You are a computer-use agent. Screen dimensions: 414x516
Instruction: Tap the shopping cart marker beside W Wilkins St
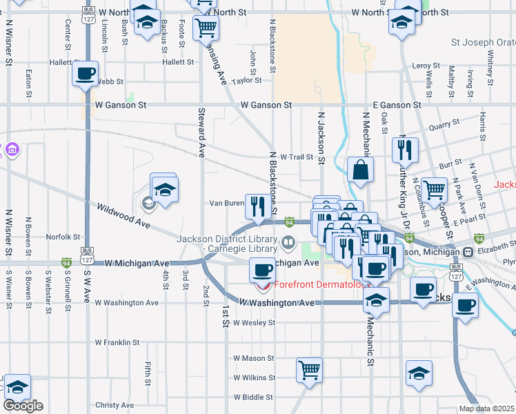coord(309,369)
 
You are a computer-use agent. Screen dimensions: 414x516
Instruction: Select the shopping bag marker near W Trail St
coord(361,170)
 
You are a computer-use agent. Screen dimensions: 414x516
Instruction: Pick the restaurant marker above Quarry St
coord(404,150)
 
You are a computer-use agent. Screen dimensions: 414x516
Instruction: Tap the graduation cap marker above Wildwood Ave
coord(165,189)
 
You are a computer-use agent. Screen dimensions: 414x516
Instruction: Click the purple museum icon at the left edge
coord(12,150)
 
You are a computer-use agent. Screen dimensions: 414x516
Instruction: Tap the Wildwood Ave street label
coord(123,216)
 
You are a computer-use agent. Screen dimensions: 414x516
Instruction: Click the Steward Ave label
coord(201,132)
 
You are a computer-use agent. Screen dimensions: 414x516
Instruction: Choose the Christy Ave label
coord(115,405)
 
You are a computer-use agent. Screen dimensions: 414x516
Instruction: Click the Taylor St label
coord(246,81)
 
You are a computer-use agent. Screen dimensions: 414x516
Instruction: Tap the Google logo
coord(23,406)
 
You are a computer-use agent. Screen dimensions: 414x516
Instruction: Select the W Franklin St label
coord(117,342)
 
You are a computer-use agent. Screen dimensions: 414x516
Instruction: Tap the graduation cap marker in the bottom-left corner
coord(17,386)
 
